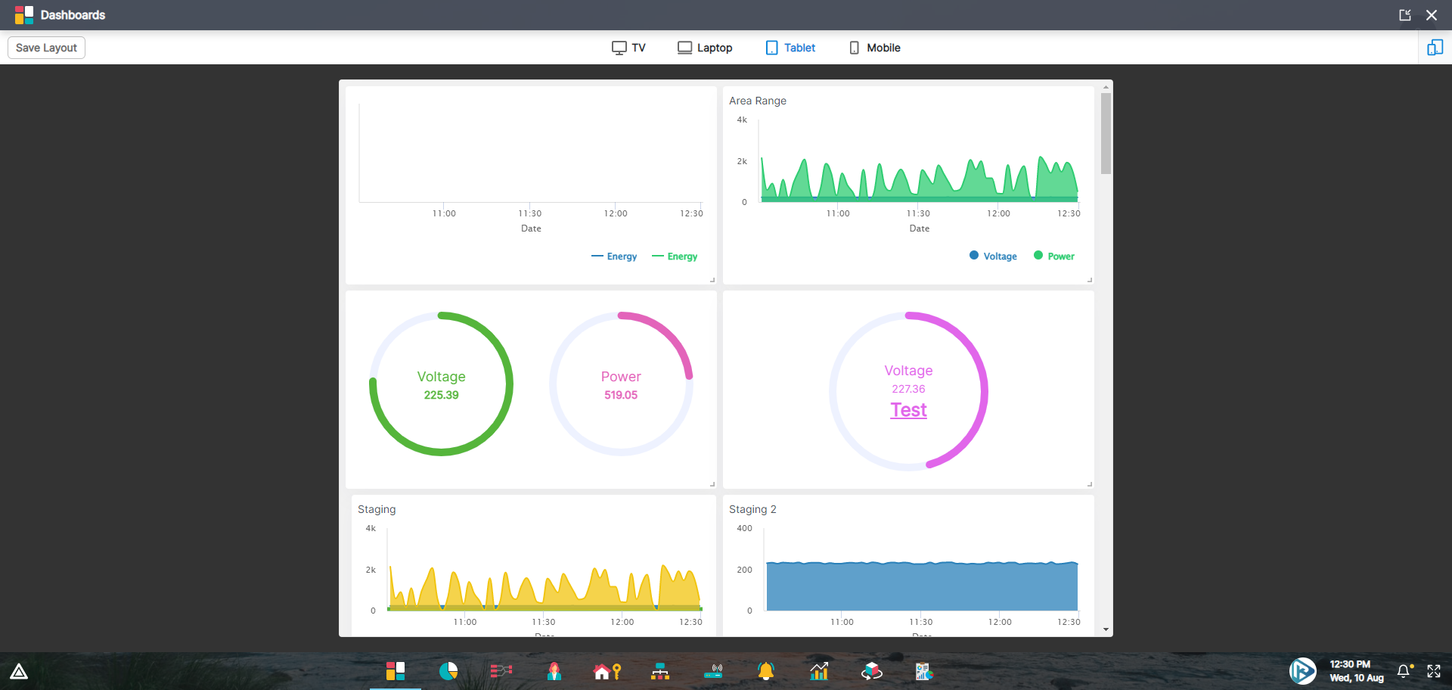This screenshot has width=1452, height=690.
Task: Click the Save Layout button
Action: tap(46, 48)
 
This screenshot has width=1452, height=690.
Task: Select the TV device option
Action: tap(628, 48)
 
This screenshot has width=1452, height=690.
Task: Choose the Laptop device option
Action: tap(705, 48)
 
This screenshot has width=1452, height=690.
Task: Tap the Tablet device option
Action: tap(790, 48)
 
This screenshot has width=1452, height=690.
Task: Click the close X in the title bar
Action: tap(1432, 15)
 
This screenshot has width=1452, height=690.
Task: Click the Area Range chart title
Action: tap(757, 101)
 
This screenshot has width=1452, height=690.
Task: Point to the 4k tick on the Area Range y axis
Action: tap(742, 120)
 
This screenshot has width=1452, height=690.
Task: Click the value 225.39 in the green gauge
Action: tap(441, 395)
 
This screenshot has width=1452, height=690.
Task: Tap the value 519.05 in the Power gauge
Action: tap(620, 395)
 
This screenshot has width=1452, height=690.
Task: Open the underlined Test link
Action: tap(908, 410)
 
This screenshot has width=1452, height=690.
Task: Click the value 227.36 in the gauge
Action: tap(908, 389)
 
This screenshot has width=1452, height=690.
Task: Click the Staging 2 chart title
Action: tap(752, 509)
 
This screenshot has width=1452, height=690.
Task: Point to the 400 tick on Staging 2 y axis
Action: tap(744, 528)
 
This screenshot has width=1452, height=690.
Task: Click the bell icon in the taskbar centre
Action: tap(766, 671)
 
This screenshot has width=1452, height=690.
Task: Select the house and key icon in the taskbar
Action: tap(607, 671)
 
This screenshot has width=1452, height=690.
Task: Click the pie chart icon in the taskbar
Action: tap(448, 671)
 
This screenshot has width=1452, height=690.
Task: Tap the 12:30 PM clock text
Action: tap(1350, 664)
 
